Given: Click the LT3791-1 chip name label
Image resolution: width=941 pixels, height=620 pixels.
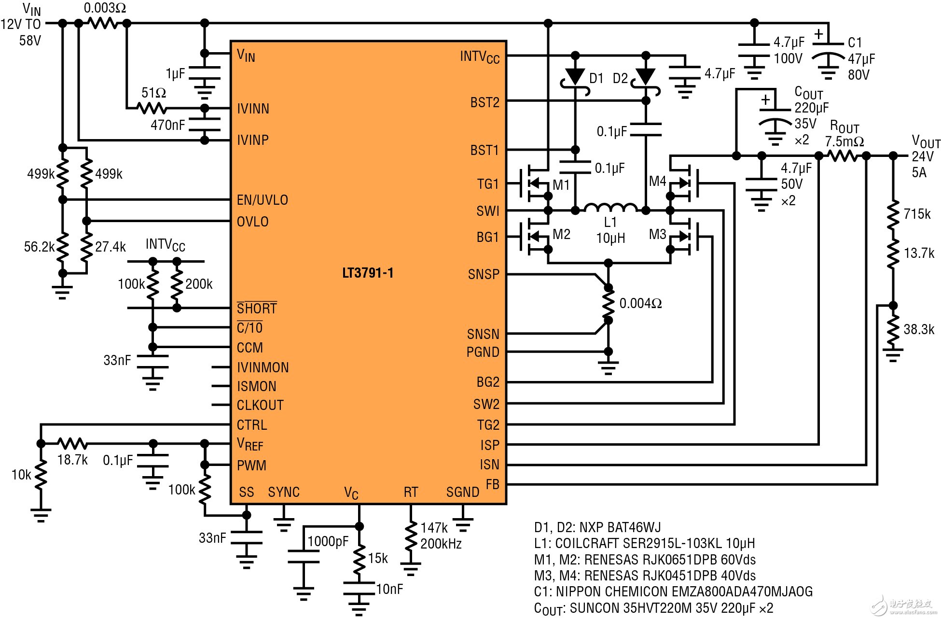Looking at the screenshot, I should click(368, 273).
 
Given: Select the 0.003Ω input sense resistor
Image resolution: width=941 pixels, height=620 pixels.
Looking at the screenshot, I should click(103, 23).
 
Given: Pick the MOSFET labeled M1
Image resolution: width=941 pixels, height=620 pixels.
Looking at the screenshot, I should click(535, 183).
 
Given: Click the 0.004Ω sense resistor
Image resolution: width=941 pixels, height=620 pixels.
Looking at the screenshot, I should click(609, 304).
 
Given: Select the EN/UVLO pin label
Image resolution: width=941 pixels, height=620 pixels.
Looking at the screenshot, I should click(262, 200).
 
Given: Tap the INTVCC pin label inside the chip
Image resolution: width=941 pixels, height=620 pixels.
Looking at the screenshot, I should click(479, 57).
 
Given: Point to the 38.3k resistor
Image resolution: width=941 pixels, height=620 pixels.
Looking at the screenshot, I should click(893, 330).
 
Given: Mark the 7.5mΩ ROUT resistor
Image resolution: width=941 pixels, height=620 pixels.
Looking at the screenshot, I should click(843, 155).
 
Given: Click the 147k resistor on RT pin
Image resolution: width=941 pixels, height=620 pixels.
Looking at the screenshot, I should click(411, 535).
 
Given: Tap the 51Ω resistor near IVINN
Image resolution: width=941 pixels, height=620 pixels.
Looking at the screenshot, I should click(152, 108).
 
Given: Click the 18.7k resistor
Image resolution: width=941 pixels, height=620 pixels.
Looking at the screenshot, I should click(72, 443).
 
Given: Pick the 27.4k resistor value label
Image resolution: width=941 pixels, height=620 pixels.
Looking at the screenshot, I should click(110, 247).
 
